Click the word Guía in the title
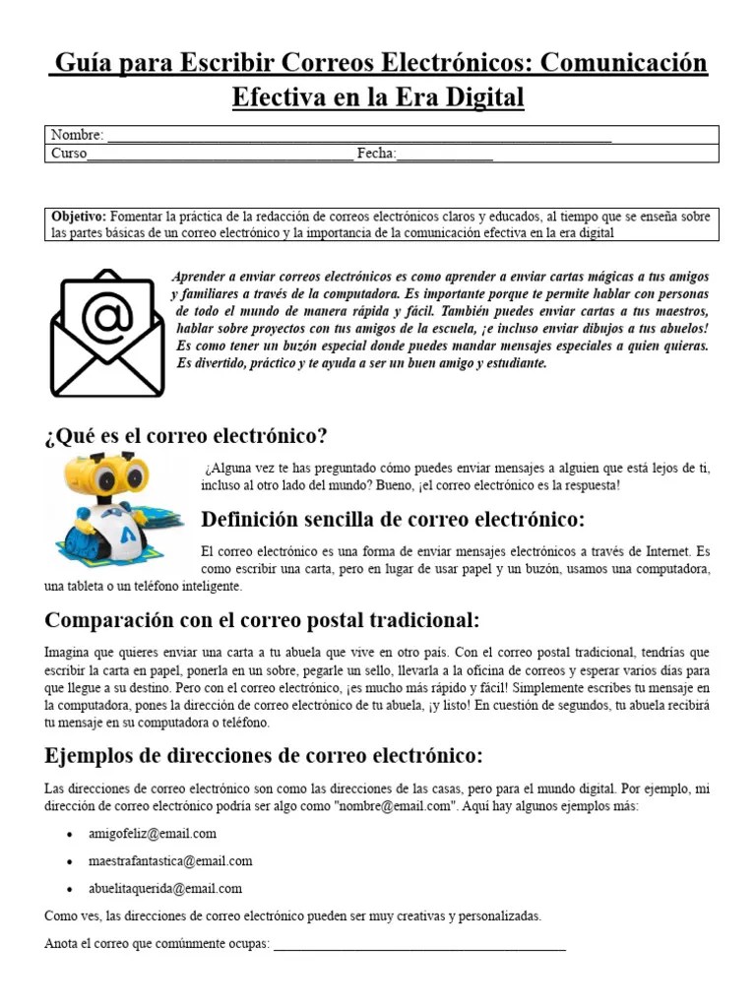[82, 64]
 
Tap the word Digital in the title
[476, 98]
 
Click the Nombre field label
[77, 135]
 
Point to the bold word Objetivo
[79, 216]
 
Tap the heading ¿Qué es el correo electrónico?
[186, 435]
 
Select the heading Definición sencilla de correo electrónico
[392, 519]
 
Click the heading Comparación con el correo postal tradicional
[262, 621]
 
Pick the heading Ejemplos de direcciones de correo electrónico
[264, 756]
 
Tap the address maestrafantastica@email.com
[177, 860]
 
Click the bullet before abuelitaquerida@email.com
[69, 889]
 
